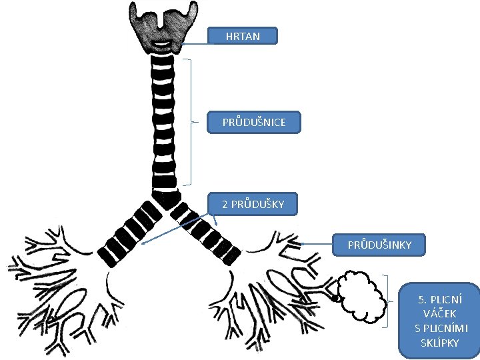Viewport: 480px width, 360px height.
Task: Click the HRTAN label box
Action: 242,37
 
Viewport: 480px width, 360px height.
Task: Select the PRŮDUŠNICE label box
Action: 254,122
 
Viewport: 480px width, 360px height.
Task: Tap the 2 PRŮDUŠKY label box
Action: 253,204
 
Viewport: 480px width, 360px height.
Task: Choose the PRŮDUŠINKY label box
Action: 379,245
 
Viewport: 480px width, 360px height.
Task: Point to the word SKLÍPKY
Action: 439,343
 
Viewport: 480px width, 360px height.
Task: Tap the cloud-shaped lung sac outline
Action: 361,297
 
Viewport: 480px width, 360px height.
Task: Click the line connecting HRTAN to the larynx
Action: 193,43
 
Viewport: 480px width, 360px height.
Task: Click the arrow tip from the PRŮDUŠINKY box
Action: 302,244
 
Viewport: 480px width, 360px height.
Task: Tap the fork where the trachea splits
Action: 165,197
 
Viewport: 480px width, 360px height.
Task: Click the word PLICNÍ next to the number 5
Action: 448,299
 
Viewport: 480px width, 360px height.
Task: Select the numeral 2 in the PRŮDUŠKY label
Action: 225,205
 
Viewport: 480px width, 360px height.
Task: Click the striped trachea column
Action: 163,120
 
